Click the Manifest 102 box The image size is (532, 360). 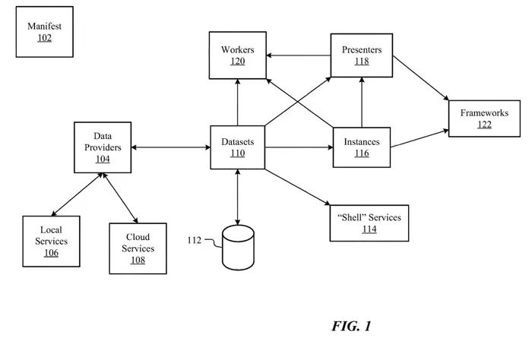point(45,34)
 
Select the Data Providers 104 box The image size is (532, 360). point(102,147)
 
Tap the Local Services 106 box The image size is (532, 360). point(51,241)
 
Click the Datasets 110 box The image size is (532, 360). point(238,147)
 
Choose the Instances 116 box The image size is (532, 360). point(361,147)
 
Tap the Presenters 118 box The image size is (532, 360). point(361,55)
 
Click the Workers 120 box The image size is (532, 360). point(238,55)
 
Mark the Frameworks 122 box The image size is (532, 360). point(485,118)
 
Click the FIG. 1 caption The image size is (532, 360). point(351,327)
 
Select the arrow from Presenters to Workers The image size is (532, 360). point(299,55)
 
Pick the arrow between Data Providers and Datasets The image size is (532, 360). point(170,147)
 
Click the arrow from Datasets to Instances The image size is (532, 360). point(299,147)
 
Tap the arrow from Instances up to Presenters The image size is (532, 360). point(362,103)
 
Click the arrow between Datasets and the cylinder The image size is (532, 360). point(238,196)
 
